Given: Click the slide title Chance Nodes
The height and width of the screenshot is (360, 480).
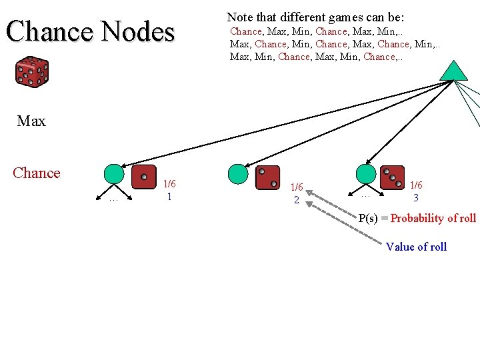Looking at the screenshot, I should [90, 31].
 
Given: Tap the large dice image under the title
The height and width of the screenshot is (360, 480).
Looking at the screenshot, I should [32, 72].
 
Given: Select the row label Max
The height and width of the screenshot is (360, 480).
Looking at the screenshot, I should [31, 121].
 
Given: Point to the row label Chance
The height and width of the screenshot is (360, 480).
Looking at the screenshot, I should [37, 173].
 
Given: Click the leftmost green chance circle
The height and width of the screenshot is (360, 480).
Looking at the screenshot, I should [114, 174].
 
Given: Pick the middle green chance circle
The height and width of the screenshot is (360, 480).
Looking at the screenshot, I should [238, 174].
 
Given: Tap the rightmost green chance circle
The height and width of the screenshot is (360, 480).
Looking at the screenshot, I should [366, 174].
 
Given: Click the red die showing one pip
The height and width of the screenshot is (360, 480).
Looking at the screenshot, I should [144, 177].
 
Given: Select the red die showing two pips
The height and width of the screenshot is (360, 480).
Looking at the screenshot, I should [267, 177].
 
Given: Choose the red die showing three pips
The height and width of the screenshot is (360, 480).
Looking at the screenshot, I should [392, 177].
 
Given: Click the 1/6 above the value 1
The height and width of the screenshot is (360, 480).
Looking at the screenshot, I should [170, 184].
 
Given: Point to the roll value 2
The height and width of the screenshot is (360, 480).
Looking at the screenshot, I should [297, 200].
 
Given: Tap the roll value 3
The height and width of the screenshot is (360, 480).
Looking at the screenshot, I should [416, 198].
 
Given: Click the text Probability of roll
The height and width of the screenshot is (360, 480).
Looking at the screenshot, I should [433, 218].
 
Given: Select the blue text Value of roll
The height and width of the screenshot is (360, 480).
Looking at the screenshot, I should [416, 247].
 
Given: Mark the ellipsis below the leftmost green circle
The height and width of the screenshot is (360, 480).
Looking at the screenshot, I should [113, 198].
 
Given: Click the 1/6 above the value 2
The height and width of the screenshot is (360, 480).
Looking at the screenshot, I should [297, 187].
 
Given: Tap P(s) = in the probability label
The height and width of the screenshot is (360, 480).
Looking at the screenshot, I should [373, 218].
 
